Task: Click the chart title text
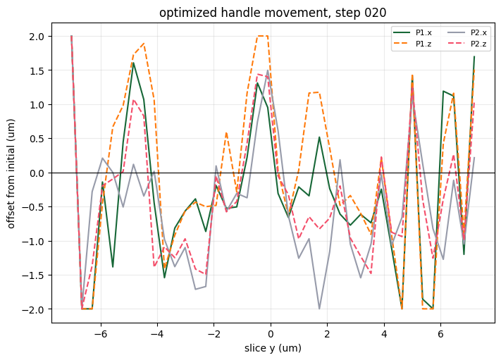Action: point(273,13)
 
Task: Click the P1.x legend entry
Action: point(412,32)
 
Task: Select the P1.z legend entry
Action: point(412,44)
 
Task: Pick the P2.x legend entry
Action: point(467,32)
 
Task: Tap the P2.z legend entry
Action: point(467,44)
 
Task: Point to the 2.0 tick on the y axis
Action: point(37,37)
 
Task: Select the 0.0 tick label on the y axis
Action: point(37,173)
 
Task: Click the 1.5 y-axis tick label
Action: point(37,70)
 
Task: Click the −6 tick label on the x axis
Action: point(101,334)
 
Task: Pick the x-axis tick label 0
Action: point(271,334)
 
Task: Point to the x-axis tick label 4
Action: point(384,334)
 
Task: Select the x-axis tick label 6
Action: point(440,334)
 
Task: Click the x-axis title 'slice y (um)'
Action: point(273,348)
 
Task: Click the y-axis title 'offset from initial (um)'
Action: point(11,174)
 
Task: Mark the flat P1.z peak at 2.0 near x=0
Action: point(263,36)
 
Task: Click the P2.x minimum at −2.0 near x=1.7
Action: point(319,309)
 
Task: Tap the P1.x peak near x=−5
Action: point(133,63)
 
